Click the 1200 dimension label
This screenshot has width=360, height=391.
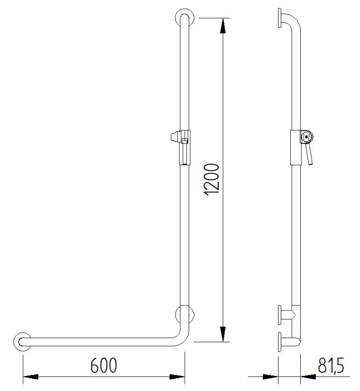click(212, 179)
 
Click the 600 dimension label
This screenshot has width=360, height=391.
click(103, 365)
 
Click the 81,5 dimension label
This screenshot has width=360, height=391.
click(331, 365)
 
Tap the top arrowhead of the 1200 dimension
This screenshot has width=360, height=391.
click(223, 26)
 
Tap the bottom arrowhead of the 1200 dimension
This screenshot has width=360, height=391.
click(223, 334)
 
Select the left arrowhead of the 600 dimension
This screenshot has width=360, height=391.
click(31, 377)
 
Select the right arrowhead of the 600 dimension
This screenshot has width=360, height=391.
click(177, 377)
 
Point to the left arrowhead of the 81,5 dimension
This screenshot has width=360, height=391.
click(270, 377)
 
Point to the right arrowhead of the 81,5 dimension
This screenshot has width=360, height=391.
click(309, 377)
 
